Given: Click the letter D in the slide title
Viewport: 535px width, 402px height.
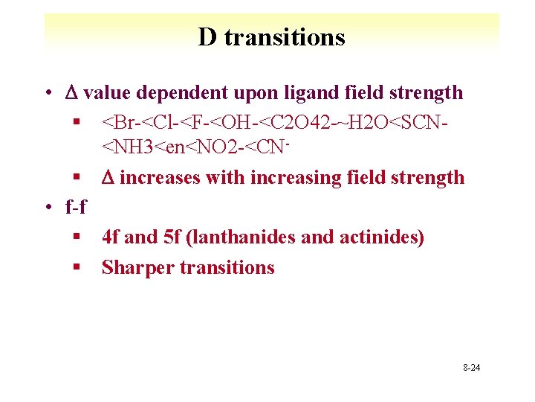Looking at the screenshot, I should click(207, 36).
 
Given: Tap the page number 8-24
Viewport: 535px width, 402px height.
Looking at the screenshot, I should click(471, 368).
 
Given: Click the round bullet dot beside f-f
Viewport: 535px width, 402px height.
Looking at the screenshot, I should click(48, 207).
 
